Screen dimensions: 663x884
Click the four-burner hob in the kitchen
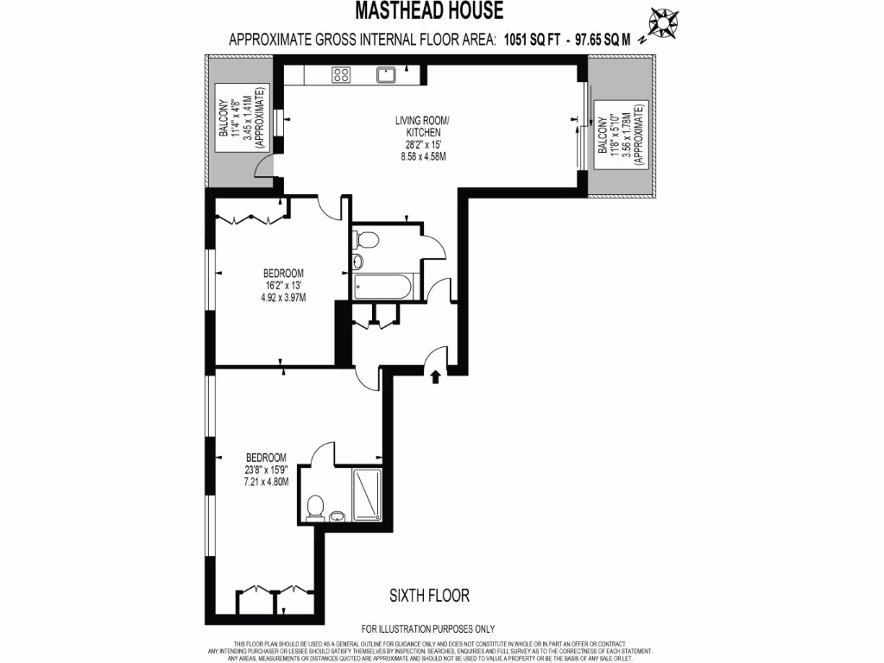(x=341, y=75)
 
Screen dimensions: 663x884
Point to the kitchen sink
(x=386, y=75)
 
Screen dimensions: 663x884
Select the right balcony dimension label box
(x=617, y=137)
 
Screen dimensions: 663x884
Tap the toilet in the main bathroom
(x=366, y=239)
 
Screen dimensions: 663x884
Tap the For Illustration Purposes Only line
(x=429, y=628)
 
